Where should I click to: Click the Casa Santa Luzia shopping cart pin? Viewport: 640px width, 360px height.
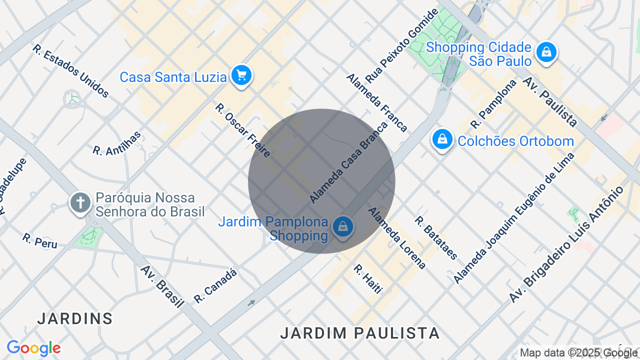click(241, 75)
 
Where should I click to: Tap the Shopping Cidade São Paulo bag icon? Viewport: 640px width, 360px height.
click(546, 52)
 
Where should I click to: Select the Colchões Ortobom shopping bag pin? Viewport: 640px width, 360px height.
click(442, 139)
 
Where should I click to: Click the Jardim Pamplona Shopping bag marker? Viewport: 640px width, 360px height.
click(342, 227)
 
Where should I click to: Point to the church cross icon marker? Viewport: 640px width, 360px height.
click(80, 203)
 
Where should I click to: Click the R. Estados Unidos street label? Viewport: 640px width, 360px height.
click(70, 71)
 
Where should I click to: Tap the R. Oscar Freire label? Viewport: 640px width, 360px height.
click(243, 130)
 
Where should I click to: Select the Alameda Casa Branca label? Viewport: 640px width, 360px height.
click(348, 162)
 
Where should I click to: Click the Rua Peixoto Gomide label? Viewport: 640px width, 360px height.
click(401, 45)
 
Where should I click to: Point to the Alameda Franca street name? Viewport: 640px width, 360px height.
click(376, 102)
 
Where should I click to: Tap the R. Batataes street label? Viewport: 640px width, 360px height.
click(436, 238)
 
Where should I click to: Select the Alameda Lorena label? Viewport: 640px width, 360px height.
click(397, 238)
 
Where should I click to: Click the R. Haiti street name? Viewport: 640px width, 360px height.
click(368, 279)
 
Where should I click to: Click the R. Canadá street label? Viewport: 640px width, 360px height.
click(215, 285)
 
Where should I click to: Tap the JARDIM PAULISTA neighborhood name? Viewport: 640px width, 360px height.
click(360, 333)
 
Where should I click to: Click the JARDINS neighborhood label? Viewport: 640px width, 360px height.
click(75, 318)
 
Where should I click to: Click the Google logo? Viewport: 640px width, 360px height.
click(34, 348)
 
